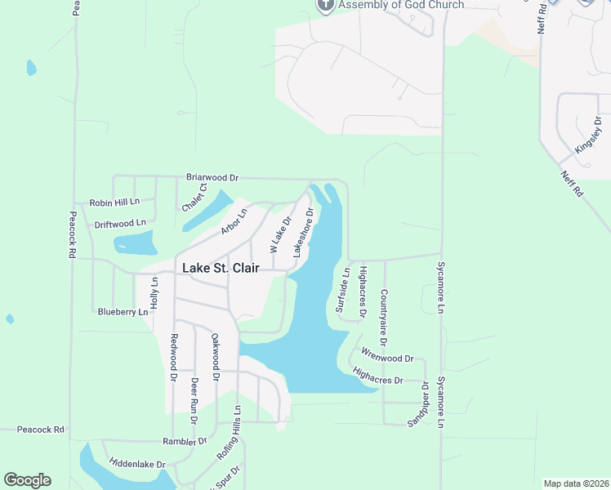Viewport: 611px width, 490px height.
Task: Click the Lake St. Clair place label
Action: coord(221,267)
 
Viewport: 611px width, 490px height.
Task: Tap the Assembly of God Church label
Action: coord(401,5)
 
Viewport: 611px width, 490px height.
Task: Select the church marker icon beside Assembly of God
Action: coord(325,5)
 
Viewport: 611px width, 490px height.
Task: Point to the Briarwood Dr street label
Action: coord(212,176)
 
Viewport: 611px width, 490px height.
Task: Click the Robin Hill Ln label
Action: coord(115,202)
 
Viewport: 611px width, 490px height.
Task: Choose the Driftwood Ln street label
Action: coord(120,222)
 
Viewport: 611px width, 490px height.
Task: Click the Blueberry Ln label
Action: coord(123,311)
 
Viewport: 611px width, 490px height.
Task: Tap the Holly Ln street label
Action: coord(154,292)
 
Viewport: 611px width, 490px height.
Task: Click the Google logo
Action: coord(27,480)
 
